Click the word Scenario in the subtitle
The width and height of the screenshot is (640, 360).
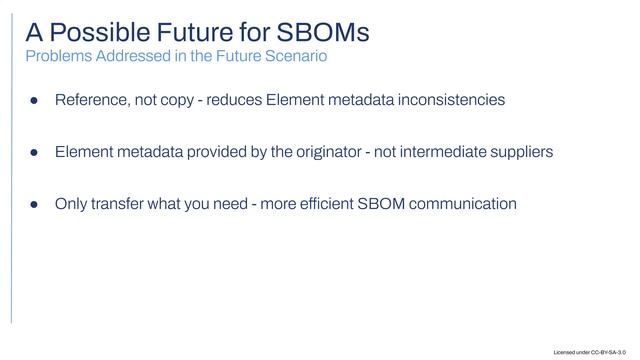294,56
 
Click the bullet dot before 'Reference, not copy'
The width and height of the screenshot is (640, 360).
32,101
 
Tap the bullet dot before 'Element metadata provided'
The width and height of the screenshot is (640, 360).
32,153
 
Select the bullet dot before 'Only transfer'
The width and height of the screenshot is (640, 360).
32,205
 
